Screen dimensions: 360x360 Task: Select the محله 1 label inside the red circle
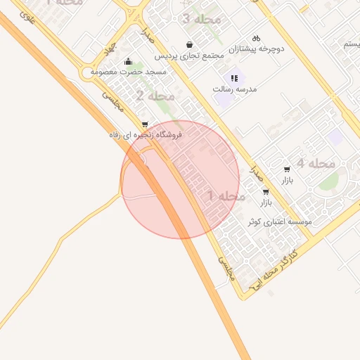[226, 195]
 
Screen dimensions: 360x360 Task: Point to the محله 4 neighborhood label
[315, 163]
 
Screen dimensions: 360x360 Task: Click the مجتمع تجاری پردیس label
[189, 56]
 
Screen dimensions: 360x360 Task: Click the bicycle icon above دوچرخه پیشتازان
[257, 37]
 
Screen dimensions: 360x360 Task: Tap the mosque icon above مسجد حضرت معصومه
[128, 61]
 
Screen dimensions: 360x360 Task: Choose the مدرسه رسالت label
[236, 90]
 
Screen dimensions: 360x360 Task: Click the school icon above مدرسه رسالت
[235, 78]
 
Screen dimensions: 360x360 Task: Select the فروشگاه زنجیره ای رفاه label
[146, 134]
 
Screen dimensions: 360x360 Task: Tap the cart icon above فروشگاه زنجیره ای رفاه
[145, 124]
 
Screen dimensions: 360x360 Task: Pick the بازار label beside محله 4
[287, 181]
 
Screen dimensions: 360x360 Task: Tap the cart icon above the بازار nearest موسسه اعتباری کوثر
[265, 191]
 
